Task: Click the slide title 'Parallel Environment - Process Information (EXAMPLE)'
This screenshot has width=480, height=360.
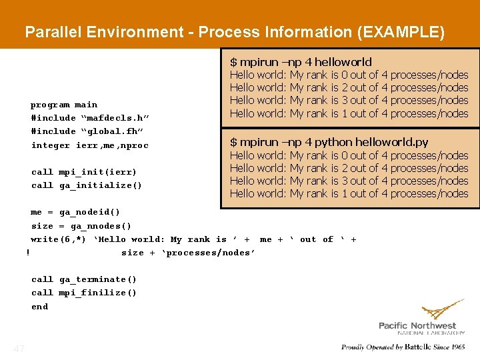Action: (x=234, y=32)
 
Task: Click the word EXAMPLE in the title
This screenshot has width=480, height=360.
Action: (x=407, y=32)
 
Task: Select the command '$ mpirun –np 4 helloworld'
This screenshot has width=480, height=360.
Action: (x=301, y=62)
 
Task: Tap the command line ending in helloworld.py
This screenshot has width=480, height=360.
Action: (x=329, y=142)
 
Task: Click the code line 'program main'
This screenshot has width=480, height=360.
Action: (x=64, y=105)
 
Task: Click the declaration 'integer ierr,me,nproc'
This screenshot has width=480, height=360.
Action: (x=90, y=145)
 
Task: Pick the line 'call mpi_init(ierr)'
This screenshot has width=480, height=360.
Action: (x=84, y=172)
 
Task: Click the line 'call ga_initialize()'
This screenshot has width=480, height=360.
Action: (x=87, y=185)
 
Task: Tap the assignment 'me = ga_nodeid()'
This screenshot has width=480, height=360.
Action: (x=75, y=213)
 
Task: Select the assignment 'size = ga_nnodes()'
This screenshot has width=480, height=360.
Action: (x=81, y=226)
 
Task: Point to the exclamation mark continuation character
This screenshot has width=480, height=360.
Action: (x=27, y=253)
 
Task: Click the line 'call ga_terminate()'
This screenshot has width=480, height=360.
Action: (x=84, y=279)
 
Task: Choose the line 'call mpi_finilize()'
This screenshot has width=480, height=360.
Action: (x=84, y=293)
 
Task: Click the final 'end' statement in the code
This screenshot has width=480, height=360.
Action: (x=40, y=307)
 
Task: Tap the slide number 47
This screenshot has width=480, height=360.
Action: (x=19, y=349)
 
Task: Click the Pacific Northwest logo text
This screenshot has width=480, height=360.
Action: (x=421, y=325)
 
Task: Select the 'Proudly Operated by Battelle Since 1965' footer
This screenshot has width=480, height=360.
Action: (x=403, y=347)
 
